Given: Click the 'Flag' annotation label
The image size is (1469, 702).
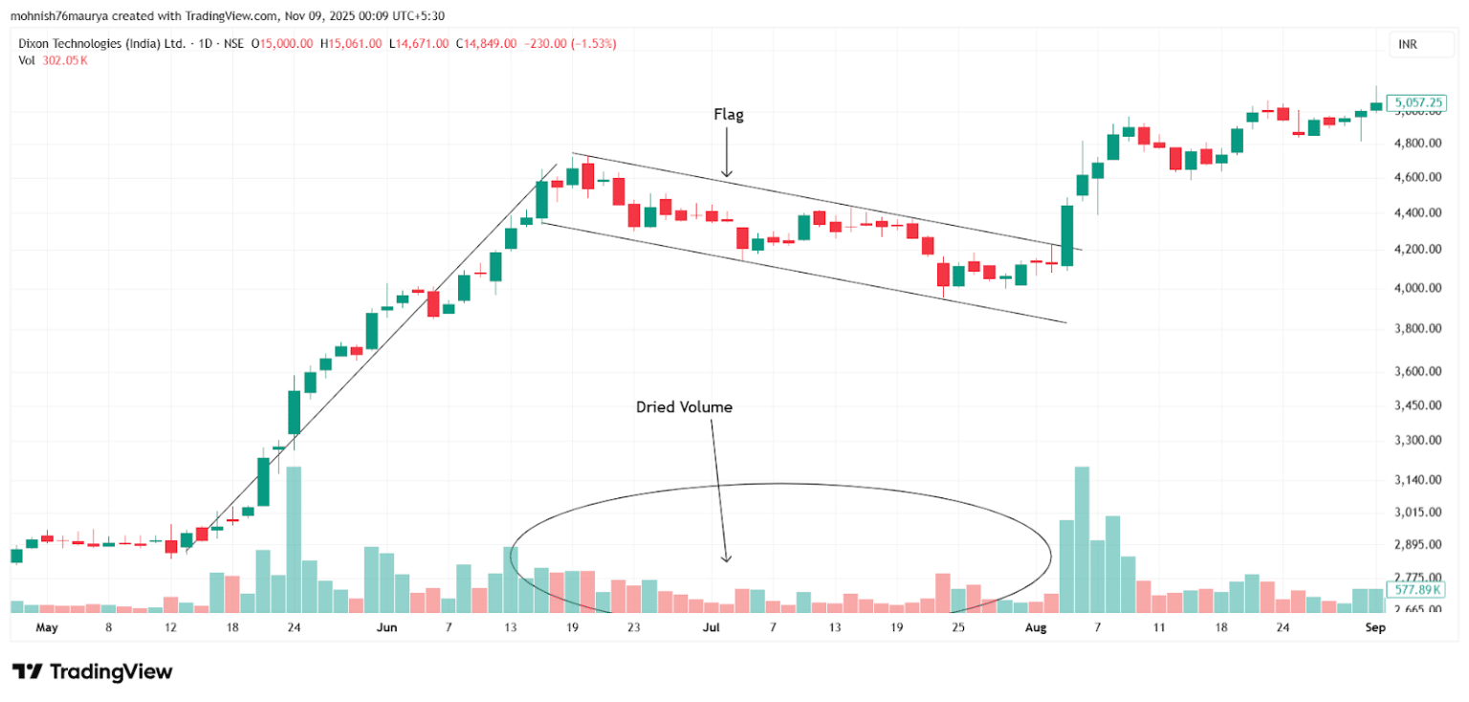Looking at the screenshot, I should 728,115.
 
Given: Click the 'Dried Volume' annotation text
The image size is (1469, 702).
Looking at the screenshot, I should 684,406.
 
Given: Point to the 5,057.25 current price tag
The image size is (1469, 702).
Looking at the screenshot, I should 1419,101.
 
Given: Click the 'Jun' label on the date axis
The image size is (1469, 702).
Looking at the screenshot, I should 386,628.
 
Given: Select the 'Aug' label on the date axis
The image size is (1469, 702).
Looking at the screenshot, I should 1036,628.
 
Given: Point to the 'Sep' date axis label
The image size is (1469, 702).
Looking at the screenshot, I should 1374,628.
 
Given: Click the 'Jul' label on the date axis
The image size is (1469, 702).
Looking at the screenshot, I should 711,628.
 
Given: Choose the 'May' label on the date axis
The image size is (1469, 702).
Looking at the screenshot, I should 47,628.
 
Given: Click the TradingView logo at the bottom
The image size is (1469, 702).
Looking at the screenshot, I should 92,671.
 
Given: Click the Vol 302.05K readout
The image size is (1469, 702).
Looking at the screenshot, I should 54,60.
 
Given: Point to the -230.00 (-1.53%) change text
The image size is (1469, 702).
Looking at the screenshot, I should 569,44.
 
